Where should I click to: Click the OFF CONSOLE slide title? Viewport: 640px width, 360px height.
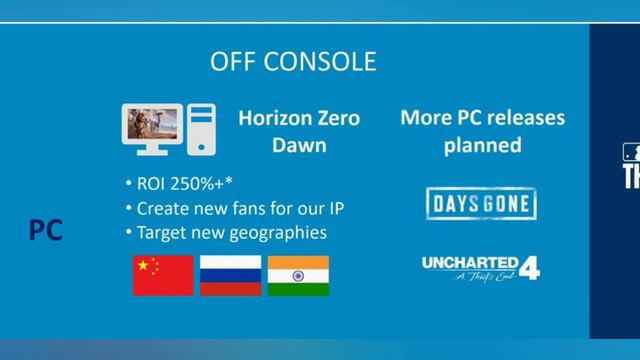[x=293, y=62]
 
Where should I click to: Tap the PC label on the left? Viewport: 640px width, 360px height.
[x=45, y=231]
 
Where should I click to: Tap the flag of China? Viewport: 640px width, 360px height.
[x=163, y=275]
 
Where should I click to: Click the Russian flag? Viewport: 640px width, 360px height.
[x=230, y=275]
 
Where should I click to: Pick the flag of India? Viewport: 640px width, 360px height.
[x=298, y=275]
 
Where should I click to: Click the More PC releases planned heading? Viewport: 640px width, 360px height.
[x=482, y=131]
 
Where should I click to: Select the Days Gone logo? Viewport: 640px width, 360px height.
[x=481, y=203]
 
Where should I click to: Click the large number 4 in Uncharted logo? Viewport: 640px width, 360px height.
[x=529, y=267]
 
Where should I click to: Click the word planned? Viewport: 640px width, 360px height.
[x=482, y=144]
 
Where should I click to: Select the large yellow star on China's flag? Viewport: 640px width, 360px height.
[x=145, y=266]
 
